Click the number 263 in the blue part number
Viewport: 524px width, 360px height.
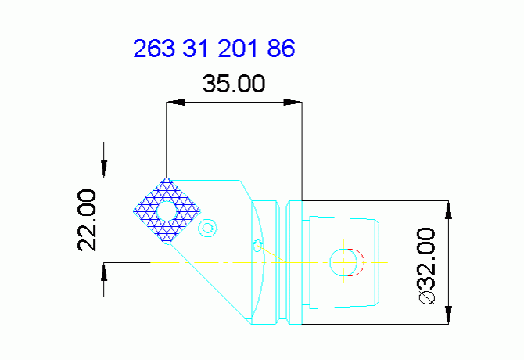(x=154, y=49)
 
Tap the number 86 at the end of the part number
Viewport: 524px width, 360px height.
(x=281, y=49)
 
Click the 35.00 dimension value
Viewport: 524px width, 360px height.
(x=234, y=83)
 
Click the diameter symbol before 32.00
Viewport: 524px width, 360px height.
(x=426, y=298)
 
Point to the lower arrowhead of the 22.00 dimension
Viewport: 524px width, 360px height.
(x=103, y=270)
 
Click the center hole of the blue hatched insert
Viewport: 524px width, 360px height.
(x=167, y=211)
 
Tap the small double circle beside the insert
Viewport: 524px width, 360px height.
(x=207, y=228)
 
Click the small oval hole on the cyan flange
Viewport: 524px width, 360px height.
(x=257, y=247)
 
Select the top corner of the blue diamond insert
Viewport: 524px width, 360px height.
(x=167, y=178)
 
